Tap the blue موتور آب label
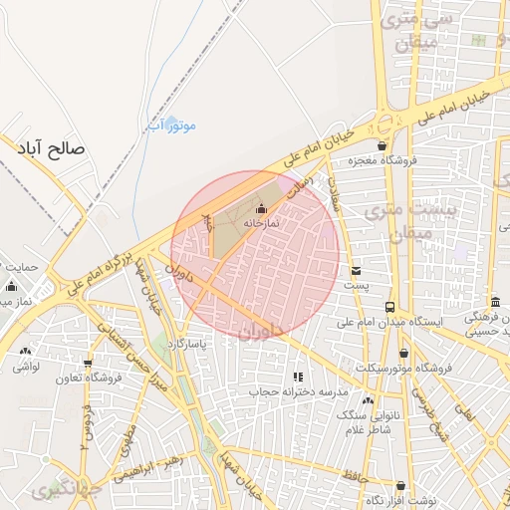pos(171,126)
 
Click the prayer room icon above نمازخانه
pos(261,208)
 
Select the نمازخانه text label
pos(261,223)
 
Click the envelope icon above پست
pos(356,270)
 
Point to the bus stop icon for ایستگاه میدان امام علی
pos(389,307)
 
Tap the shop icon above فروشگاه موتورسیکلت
pos(403,353)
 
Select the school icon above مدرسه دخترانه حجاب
pos(296,377)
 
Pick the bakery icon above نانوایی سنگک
pos(368,399)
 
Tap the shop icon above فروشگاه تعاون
pos(89,364)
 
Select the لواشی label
pos(25,367)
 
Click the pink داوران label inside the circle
pos(262,330)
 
